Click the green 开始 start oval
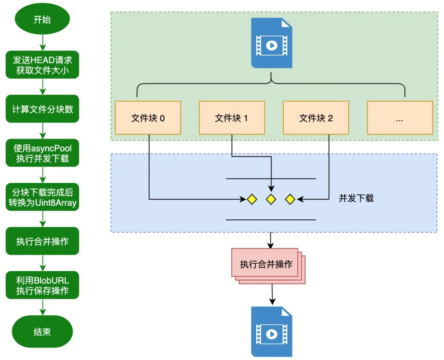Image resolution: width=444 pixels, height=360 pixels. [x=42, y=19]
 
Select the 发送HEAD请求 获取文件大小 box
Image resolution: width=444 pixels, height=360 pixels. [x=42, y=65]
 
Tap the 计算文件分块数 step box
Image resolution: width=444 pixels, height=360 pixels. [x=42, y=109]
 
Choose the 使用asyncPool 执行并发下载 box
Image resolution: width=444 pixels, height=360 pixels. [x=42, y=153]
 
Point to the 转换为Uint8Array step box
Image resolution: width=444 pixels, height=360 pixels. [x=42, y=197]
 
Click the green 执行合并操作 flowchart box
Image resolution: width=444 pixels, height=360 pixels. [x=42, y=241]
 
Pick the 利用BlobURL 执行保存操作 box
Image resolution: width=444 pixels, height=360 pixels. [x=42, y=285]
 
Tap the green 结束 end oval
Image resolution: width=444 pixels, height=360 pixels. [x=42, y=332]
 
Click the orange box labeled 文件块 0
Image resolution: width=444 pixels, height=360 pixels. [x=148, y=118]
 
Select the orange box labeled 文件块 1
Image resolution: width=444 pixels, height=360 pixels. [x=231, y=118]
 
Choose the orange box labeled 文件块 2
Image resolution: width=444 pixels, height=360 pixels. [x=316, y=118]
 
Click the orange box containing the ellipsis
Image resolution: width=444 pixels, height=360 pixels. [x=400, y=118]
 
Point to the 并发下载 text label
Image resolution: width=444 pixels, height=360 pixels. [x=356, y=198]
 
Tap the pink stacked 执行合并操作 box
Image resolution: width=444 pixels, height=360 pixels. [x=266, y=264]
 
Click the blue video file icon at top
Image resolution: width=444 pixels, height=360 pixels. [x=271, y=44]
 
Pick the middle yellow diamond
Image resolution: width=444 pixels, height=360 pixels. [x=271, y=200]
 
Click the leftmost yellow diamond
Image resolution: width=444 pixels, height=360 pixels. [x=252, y=200]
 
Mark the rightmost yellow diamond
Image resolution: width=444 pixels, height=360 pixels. [x=290, y=200]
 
